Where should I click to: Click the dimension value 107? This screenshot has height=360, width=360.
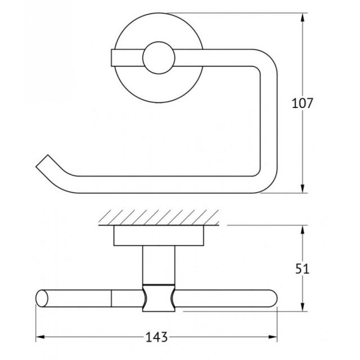[x=302, y=103]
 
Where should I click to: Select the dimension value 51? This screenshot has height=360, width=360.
[x=303, y=269]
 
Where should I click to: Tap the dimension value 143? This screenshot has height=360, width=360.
[x=156, y=337]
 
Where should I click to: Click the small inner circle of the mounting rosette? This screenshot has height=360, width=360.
[x=159, y=58]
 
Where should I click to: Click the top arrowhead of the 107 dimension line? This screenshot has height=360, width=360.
[x=303, y=17]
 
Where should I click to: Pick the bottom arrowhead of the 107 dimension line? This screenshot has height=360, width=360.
[x=303, y=188]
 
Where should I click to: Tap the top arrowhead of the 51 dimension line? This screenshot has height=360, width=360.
[x=303, y=230]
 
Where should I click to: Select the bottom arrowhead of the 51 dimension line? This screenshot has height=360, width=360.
[x=303, y=307]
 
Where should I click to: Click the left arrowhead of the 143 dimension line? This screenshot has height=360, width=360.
[x=40, y=337]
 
